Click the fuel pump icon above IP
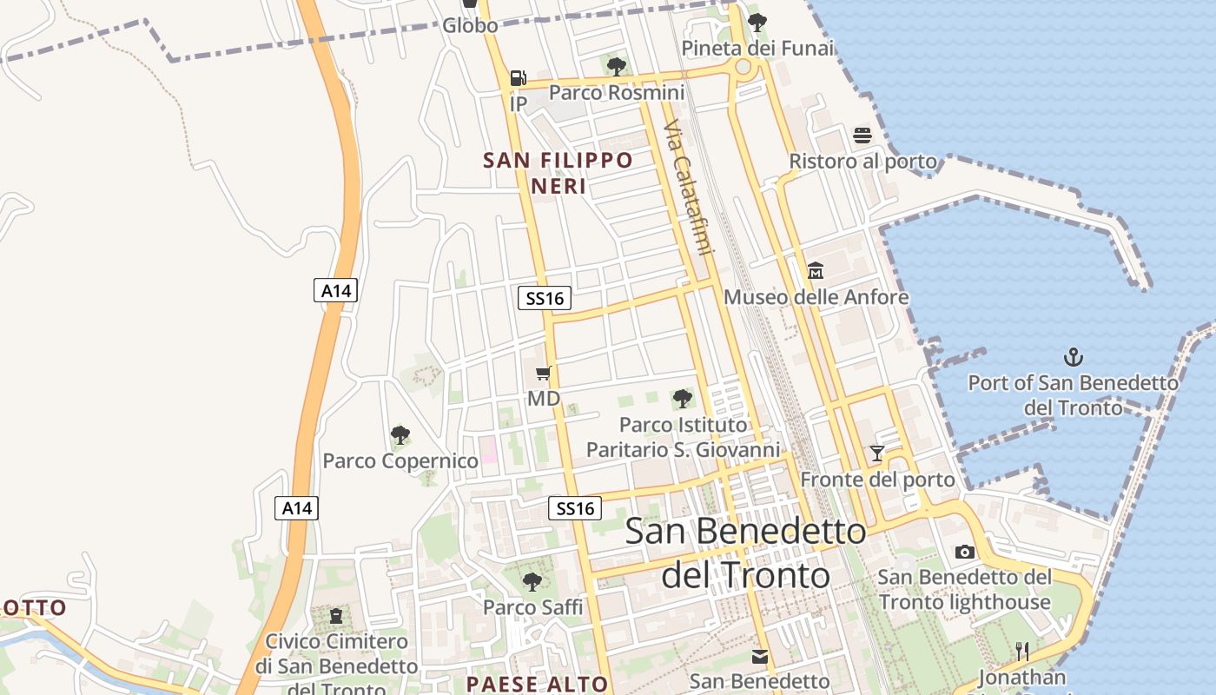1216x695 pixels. tap(518, 78)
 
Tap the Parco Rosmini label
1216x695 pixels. tap(617, 92)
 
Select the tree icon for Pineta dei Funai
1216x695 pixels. tap(757, 23)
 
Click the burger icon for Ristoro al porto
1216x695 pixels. tap(862, 135)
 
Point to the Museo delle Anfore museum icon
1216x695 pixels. tap(815, 271)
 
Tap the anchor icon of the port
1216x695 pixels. tap(1074, 356)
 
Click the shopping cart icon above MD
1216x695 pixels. tap(544, 374)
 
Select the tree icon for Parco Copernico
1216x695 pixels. tap(400, 434)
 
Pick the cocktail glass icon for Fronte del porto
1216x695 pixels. tap(877, 453)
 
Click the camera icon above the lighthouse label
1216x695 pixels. tap(964, 552)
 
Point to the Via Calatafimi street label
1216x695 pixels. tap(686, 188)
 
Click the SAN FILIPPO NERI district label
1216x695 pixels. tap(558, 173)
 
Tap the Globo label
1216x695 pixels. tap(470, 25)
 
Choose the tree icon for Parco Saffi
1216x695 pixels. tap(532, 581)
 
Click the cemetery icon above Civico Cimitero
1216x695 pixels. tap(336, 616)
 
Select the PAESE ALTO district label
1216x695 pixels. tap(537, 684)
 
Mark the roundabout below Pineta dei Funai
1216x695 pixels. tap(743, 67)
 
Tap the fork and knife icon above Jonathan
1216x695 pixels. tap(1022, 651)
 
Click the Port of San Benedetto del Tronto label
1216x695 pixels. tap(1074, 394)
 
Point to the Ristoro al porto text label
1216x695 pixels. tap(862, 162)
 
